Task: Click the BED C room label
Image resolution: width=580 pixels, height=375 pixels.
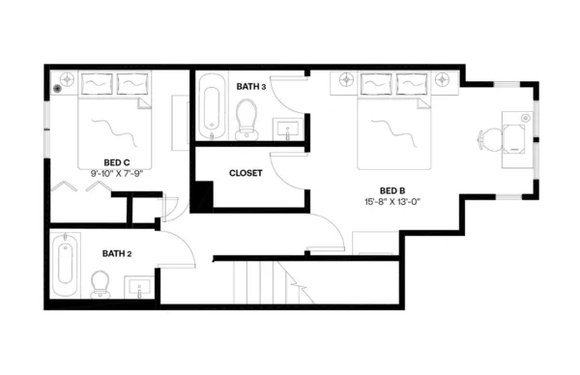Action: click(117, 162)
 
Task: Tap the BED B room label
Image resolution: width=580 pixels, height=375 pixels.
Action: click(391, 190)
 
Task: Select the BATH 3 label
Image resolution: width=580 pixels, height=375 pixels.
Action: click(250, 87)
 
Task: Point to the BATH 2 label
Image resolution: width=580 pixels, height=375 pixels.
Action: click(116, 253)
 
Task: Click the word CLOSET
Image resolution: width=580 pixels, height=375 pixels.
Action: click(246, 174)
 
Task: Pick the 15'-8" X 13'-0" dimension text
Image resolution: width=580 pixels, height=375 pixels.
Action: click(392, 203)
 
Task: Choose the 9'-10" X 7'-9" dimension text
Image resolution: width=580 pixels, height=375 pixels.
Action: click(118, 174)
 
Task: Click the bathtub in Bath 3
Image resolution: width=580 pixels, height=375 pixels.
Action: click(210, 108)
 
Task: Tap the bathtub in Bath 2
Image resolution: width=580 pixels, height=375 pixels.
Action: click(66, 266)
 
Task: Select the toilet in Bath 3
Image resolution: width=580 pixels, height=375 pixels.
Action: click(247, 120)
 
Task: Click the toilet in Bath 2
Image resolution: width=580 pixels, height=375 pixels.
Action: click(100, 283)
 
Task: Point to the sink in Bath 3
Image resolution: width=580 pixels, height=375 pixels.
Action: click(287, 127)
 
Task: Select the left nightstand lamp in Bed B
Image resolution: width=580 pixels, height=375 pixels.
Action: click(344, 80)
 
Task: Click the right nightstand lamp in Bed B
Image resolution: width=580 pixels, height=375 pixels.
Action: click(444, 80)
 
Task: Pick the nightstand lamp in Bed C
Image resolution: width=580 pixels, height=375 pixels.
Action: click(67, 79)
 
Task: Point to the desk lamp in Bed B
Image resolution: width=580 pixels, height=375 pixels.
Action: click(525, 118)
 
